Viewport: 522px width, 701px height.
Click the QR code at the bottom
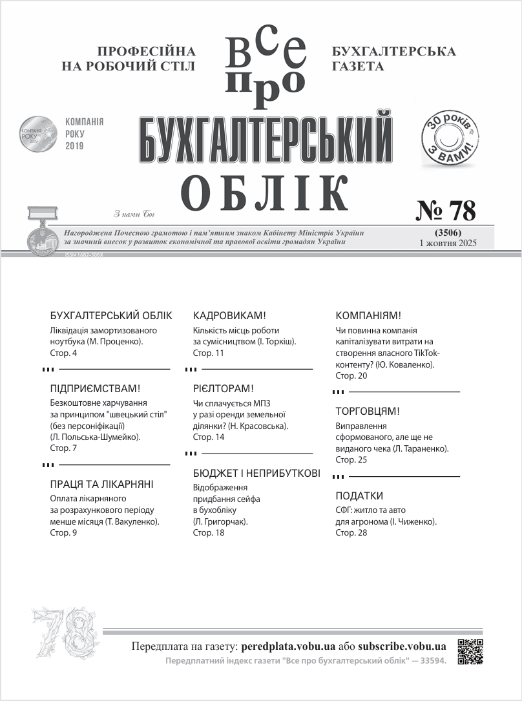pyautogui.click(x=470, y=651)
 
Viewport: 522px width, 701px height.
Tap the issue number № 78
pyautogui.click(x=445, y=211)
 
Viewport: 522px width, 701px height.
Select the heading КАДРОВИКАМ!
pyautogui.click(x=229, y=315)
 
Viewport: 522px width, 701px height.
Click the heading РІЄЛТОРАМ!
pyautogui.click(x=224, y=388)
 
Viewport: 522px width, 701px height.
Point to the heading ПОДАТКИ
pyautogui.click(x=359, y=496)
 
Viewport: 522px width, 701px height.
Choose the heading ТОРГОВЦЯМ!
pyautogui.click(x=368, y=411)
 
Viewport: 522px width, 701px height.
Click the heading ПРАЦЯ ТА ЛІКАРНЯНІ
pyautogui.click(x=101, y=484)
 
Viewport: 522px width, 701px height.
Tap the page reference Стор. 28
pyautogui.click(x=351, y=533)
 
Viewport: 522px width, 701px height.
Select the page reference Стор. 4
pyautogui.click(x=63, y=353)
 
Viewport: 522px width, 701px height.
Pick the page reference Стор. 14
pyautogui.click(x=209, y=437)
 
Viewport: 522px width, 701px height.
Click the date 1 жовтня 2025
pyautogui.click(x=448, y=244)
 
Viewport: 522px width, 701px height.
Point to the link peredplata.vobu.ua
pyautogui.click(x=288, y=646)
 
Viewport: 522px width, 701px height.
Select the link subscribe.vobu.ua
pyautogui.click(x=402, y=646)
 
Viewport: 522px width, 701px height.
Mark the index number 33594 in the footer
pyautogui.click(x=432, y=661)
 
